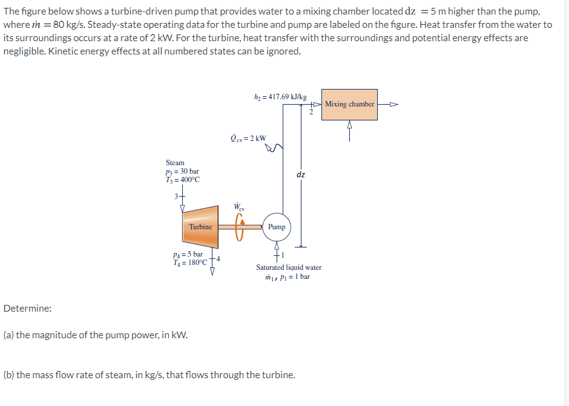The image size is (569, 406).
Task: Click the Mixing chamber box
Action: pyautogui.click(x=349, y=104)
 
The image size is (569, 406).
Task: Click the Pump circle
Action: pyautogui.click(x=277, y=227)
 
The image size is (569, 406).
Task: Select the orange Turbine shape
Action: pyautogui.click(x=200, y=227)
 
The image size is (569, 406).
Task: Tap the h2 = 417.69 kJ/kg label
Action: pyautogui.click(x=280, y=96)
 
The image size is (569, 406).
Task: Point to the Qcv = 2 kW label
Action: pyautogui.click(x=248, y=138)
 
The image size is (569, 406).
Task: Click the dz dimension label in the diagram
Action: pyautogui.click(x=301, y=175)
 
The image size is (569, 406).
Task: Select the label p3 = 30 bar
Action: pyautogui.click(x=182, y=171)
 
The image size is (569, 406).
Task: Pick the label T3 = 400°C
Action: pyautogui.click(x=183, y=179)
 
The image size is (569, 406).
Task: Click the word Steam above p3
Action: pyautogui.click(x=175, y=163)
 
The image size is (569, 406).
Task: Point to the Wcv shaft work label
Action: pyautogui.click(x=240, y=207)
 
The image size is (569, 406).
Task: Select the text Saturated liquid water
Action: pyautogui.click(x=289, y=267)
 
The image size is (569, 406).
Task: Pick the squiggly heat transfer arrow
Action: pyautogui.click(x=277, y=147)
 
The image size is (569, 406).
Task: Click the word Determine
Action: pyautogui.click(x=27, y=309)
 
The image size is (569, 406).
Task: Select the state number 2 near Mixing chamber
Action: pyautogui.click(x=311, y=111)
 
